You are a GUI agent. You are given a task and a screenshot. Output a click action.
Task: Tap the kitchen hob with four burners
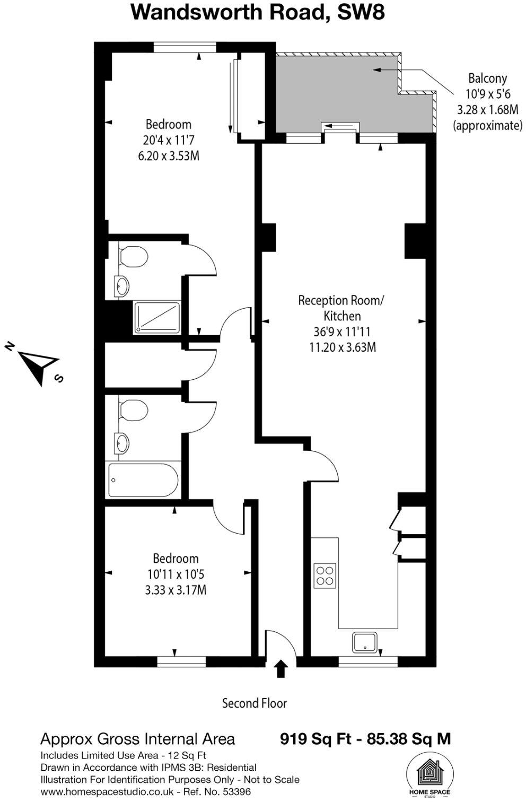click(x=325, y=576)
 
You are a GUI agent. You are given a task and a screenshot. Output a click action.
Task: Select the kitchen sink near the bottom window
click(x=365, y=642)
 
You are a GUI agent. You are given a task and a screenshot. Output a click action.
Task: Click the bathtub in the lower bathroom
click(x=143, y=480)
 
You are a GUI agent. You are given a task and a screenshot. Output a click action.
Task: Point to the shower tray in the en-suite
click(x=156, y=318)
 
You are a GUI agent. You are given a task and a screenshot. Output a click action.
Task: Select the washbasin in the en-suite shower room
click(x=121, y=286)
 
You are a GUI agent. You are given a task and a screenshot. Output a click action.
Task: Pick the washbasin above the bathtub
click(x=122, y=442)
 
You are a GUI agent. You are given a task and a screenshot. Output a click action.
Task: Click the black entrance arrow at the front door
click(x=281, y=669)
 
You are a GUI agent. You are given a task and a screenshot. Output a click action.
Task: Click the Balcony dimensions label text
click(x=487, y=102)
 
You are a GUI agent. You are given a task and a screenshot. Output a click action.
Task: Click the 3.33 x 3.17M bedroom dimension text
click(x=176, y=589)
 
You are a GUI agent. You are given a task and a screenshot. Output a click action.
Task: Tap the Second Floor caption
click(x=254, y=703)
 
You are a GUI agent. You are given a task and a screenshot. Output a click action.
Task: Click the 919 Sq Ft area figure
click(x=315, y=739)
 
